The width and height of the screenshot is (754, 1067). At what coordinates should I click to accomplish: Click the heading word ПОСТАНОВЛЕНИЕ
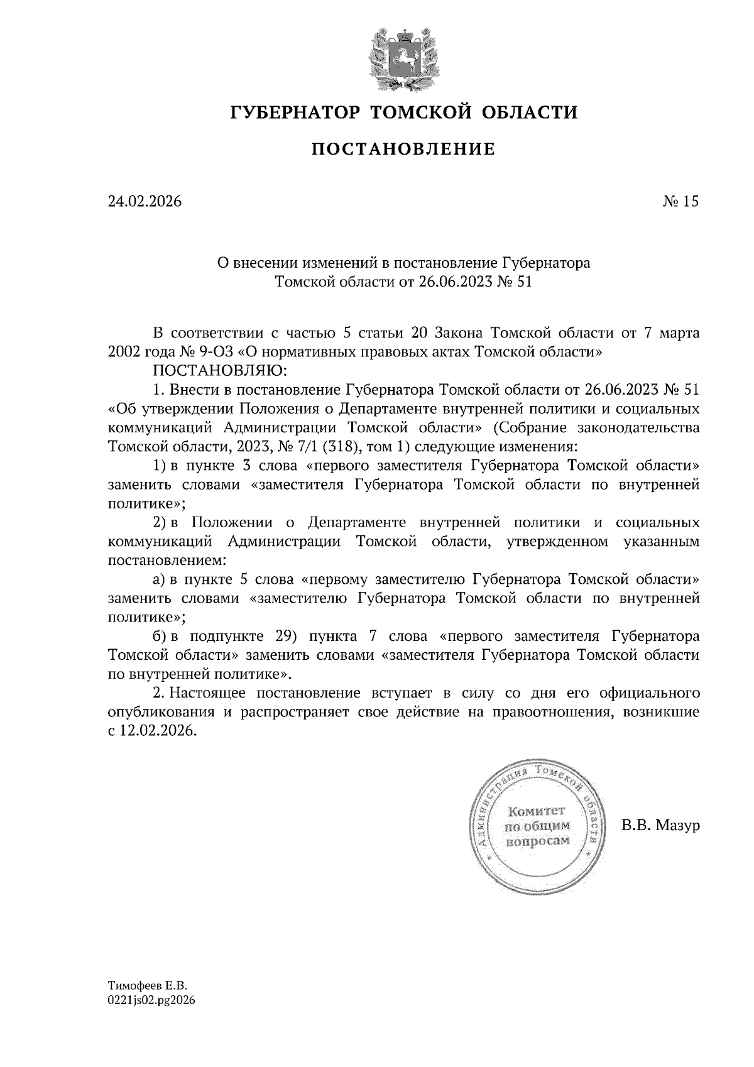(404, 150)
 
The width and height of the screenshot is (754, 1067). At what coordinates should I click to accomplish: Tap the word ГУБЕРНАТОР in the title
(295, 113)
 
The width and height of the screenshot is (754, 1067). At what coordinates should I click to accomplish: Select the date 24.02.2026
(145, 202)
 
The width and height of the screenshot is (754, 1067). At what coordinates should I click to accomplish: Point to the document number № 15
(680, 202)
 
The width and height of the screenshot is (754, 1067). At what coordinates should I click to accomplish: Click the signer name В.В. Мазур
(660, 826)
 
